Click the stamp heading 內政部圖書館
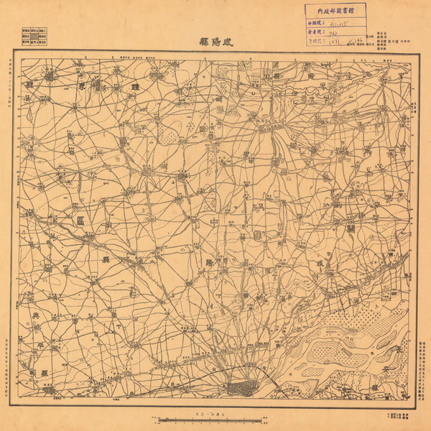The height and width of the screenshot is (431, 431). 335,11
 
